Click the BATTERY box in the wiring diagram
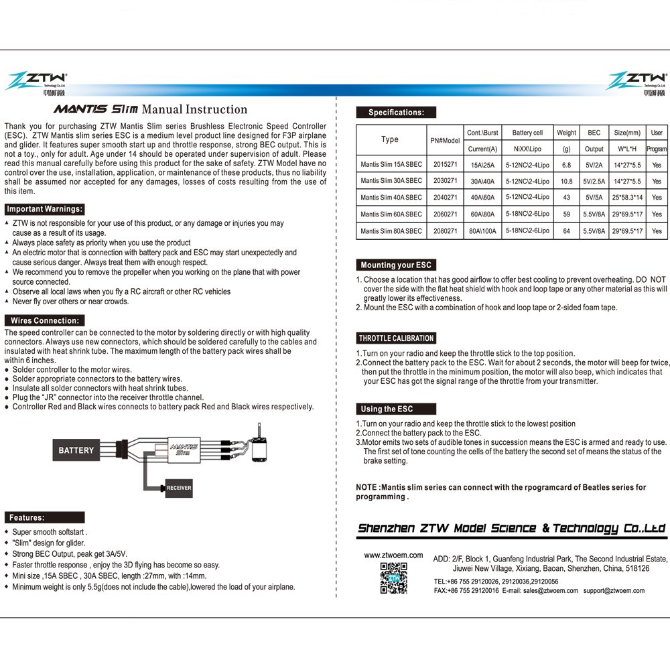pos(76,450)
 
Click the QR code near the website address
pos(393,578)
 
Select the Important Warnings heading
pos(44,209)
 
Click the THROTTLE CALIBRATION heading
pos(396,338)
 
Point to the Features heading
pos(27,517)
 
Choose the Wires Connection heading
pos(44,321)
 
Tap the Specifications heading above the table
pos(395,113)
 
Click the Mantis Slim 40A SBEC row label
pos(391,198)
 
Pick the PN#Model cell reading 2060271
pos(445,214)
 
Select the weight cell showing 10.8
pos(566,182)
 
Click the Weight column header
pos(566,133)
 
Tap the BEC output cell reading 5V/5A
pos(594,198)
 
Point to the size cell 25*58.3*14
pos(627,198)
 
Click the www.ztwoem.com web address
pos(393,555)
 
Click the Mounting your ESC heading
pos(396,265)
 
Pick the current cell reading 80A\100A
pos(483,230)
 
